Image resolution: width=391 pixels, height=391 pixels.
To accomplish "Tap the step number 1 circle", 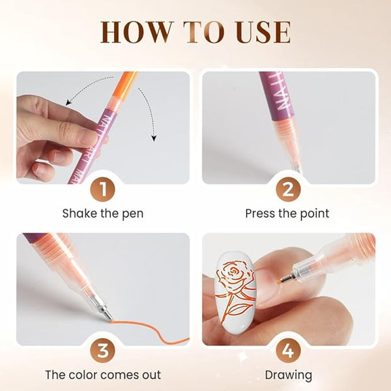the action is click(103, 190).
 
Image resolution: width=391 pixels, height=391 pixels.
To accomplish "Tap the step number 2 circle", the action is click(288, 190).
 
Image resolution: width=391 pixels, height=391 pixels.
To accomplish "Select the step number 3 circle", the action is click(103, 351).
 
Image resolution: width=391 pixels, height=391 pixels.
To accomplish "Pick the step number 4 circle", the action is click(288, 351).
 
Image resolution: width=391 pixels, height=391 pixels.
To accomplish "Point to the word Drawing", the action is click(288, 375).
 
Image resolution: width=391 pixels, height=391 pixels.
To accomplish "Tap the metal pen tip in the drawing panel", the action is click(287, 278).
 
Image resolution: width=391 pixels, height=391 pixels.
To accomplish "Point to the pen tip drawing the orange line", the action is click(108, 315).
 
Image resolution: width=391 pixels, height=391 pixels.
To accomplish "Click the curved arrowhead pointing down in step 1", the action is click(154, 138).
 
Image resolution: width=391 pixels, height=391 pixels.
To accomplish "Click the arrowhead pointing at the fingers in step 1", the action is click(68, 102).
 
